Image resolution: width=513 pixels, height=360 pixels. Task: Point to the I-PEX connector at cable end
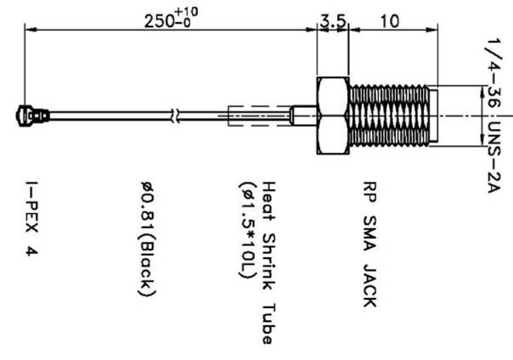[x=31, y=112]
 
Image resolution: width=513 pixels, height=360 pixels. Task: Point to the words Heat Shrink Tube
[x=267, y=262]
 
